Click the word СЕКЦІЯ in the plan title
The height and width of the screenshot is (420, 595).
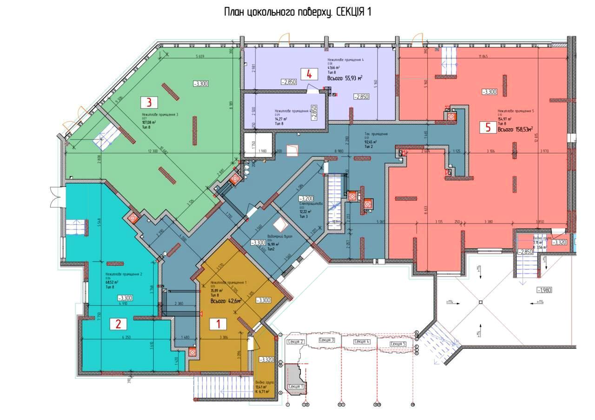tap(350, 12)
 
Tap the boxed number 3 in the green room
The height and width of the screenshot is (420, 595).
tap(149, 102)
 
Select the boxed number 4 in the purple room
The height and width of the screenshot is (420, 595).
tap(309, 74)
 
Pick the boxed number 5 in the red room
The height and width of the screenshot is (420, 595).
tap(488, 128)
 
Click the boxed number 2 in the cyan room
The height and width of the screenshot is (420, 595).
tap(119, 323)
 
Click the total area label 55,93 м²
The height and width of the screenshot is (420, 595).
tap(344, 78)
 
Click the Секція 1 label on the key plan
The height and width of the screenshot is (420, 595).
tap(296, 387)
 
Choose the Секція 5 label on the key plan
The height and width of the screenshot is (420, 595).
tap(398, 344)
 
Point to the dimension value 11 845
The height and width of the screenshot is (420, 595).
tap(483, 57)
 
